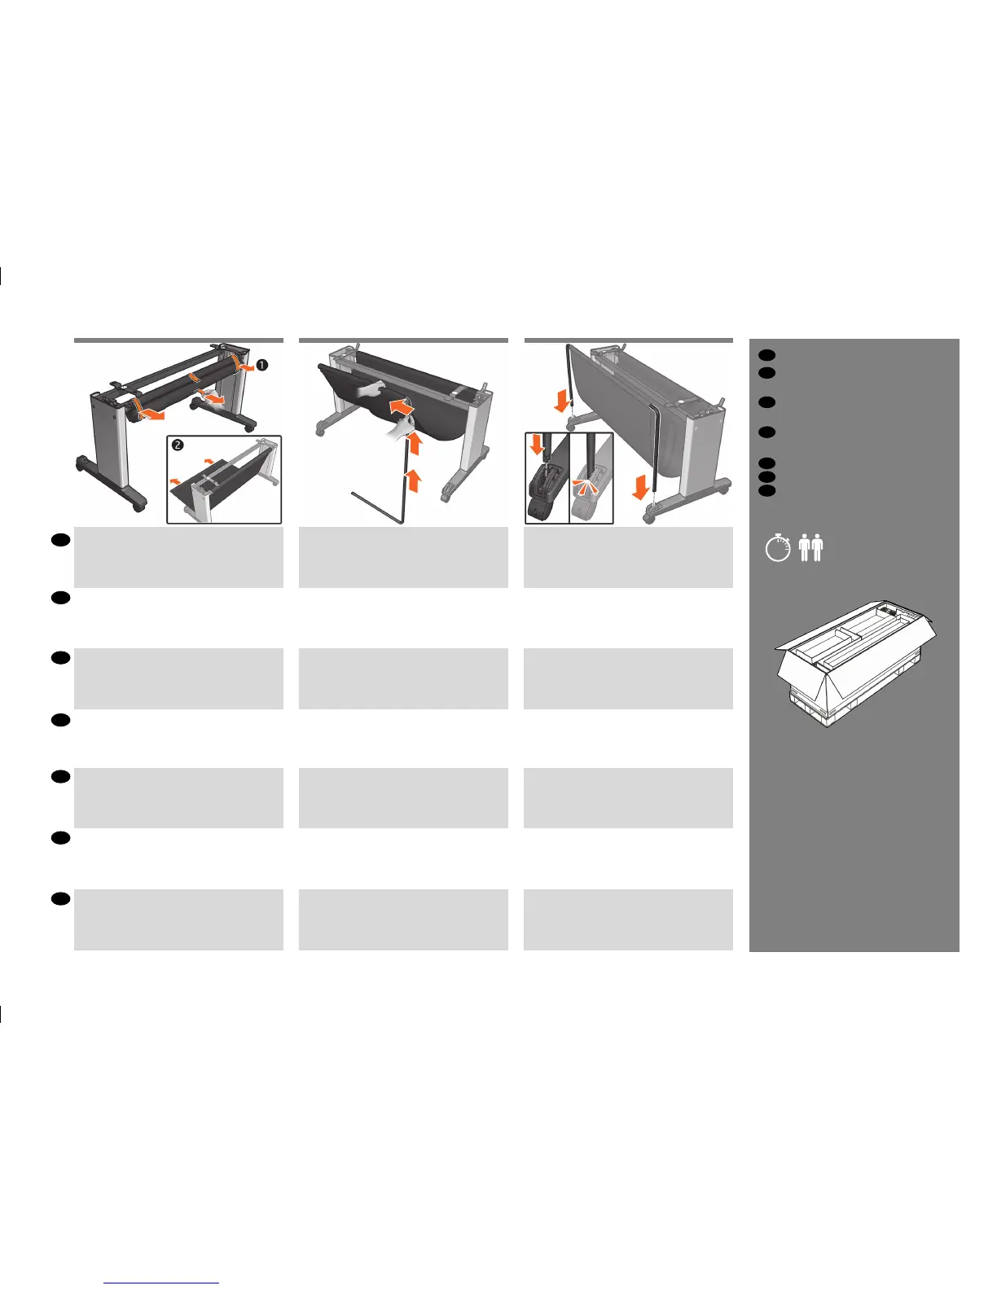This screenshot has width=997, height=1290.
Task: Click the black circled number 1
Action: coord(261,366)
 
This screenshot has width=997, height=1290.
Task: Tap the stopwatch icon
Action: coord(778,547)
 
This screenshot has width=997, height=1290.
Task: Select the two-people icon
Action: coord(810,547)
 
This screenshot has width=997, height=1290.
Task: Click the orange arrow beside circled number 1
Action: coord(244,367)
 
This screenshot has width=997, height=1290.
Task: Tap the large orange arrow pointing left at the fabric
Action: coord(400,403)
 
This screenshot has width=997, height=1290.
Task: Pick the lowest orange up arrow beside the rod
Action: coord(414,480)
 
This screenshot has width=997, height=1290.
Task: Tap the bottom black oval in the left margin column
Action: coord(59,897)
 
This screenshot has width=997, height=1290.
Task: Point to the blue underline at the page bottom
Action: coord(162,1283)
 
